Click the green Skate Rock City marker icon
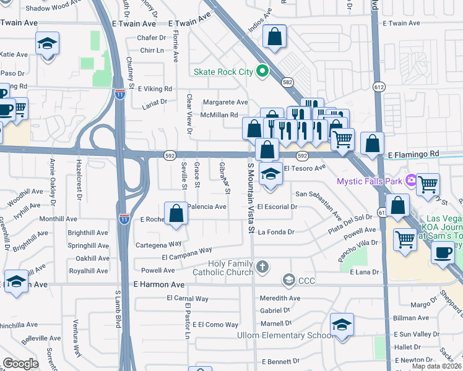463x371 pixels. coord(262,72)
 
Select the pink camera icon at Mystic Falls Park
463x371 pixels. coord(411,181)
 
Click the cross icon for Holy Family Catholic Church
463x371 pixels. coord(262,267)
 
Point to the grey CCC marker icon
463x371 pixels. coord(288,281)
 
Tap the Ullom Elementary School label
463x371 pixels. coord(285,335)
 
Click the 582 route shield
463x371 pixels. coord(287,82)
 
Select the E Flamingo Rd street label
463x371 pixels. coord(413,153)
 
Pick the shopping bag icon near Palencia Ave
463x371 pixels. coord(176,213)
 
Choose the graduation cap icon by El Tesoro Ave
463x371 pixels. coord(270,174)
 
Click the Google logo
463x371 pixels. coord(20,364)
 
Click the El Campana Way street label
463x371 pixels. coord(186,254)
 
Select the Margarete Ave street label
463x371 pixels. coord(225,102)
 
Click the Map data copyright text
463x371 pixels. coord(436,366)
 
